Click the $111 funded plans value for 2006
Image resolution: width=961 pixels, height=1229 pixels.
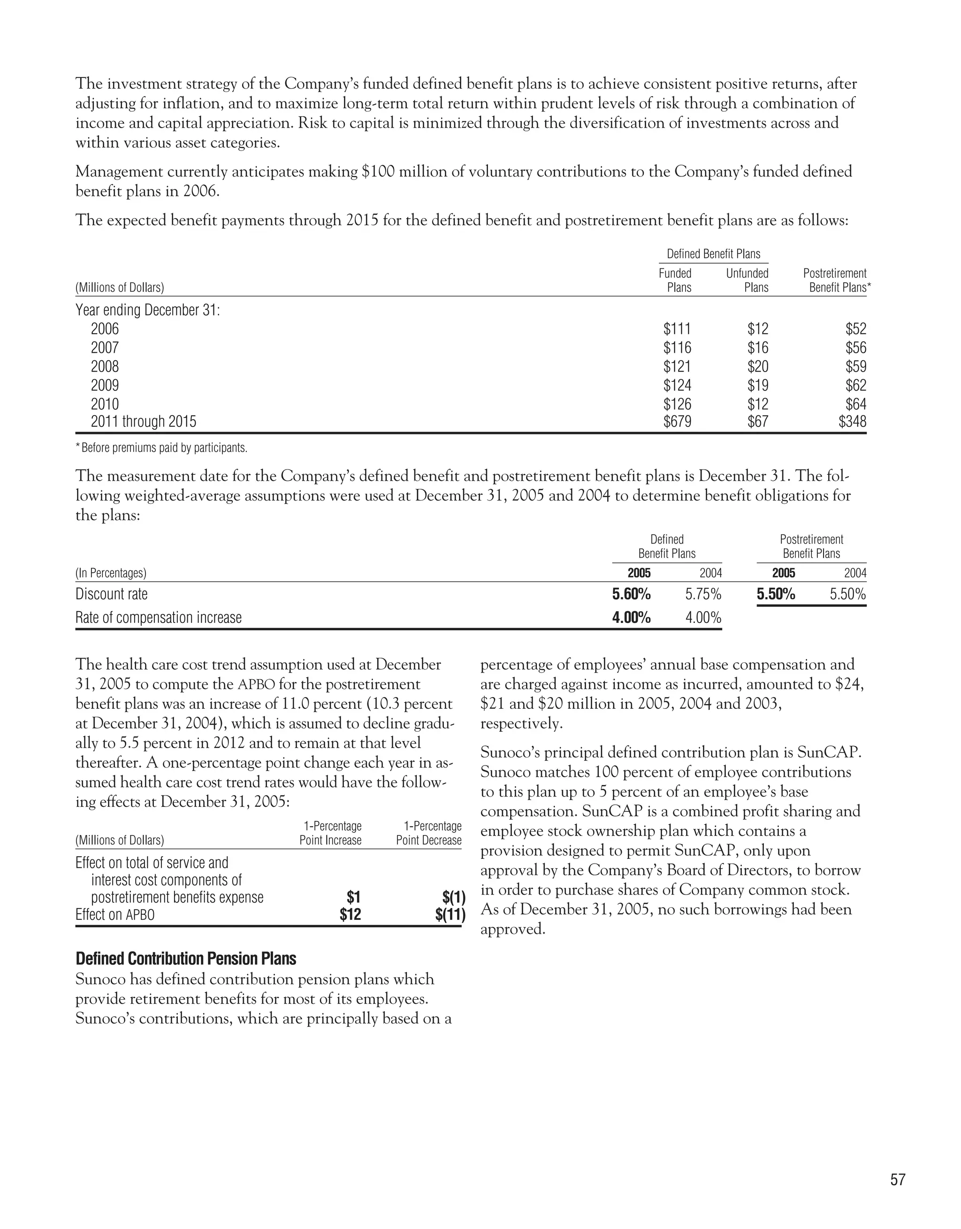coord(677,329)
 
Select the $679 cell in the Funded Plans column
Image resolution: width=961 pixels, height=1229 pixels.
coord(677,422)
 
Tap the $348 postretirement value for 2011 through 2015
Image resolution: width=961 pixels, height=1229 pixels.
coord(852,422)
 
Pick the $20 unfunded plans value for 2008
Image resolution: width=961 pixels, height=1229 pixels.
coord(757,366)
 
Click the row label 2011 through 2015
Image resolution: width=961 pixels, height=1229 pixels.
coord(144,422)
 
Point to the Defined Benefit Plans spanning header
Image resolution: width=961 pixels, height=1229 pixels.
coord(713,254)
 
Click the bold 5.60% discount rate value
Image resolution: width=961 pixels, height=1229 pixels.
coord(631,594)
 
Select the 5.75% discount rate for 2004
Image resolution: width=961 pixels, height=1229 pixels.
coord(703,594)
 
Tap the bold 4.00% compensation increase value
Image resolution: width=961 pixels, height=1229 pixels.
coord(631,618)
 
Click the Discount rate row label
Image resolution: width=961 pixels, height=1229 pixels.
coord(112,594)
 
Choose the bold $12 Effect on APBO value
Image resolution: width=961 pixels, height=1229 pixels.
coord(350,914)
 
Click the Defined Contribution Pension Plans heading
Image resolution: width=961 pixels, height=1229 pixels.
coord(186,959)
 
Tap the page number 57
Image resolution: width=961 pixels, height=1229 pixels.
coord(897,1179)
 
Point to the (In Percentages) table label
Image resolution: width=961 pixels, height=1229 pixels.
coord(111,573)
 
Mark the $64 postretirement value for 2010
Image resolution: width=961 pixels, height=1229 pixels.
coord(855,404)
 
